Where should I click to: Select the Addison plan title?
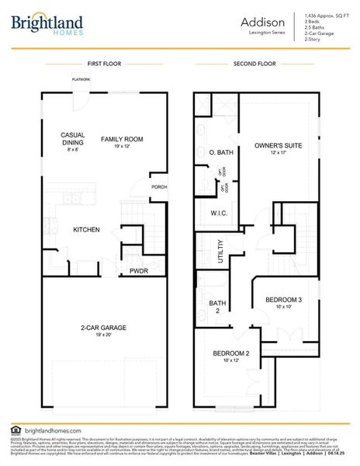[268, 23]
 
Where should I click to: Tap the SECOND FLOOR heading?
[254, 64]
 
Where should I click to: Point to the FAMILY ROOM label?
[121, 140]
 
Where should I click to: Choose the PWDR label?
[139, 271]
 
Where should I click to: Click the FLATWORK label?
[81, 80]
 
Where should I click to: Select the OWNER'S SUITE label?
[279, 145]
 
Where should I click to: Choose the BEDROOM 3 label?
[283, 300]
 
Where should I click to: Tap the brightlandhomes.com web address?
[53, 429]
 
